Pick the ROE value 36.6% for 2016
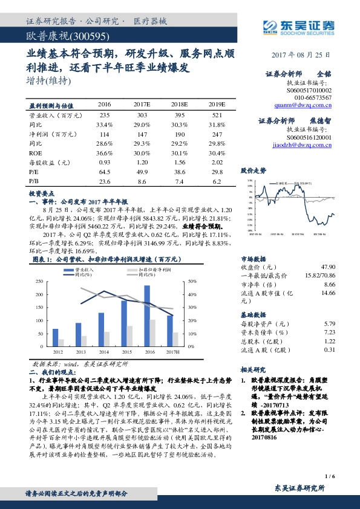(105, 154)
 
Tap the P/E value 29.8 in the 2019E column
(217, 172)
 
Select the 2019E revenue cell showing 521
(217, 115)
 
